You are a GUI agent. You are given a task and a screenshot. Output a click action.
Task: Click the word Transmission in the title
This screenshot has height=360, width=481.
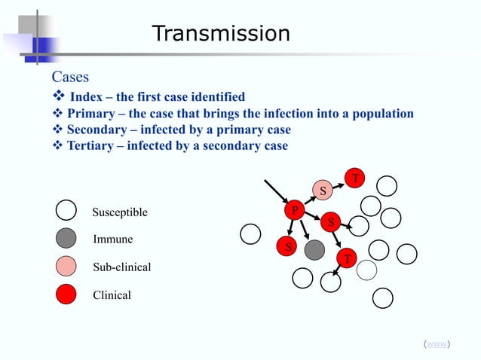tap(220, 34)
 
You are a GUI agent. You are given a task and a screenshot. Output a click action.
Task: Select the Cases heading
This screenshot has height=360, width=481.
tap(70, 77)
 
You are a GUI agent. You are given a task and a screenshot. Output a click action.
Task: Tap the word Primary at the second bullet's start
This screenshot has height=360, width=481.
tap(90, 114)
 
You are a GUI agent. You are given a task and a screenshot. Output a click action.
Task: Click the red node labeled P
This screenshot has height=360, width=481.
tap(295, 210)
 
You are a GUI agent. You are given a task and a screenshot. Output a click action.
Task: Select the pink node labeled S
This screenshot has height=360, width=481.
tap(323, 190)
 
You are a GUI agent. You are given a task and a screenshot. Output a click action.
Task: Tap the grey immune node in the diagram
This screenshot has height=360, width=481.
tap(314, 249)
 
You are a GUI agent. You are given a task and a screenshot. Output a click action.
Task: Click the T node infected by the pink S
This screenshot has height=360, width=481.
tap(355, 178)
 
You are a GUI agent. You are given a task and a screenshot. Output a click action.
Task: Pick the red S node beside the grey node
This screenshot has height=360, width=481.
tap(286, 246)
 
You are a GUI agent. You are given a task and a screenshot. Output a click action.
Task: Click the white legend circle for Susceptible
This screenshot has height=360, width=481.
tap(66, 212)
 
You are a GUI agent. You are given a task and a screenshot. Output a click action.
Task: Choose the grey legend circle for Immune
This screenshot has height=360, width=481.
tap(66, 239)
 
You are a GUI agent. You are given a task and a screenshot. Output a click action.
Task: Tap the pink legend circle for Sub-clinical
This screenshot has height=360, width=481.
tap(66, 267)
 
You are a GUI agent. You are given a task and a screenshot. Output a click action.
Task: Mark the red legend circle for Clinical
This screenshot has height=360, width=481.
tap(66, 294)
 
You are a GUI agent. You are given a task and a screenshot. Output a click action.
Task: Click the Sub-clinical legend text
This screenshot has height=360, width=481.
tap(121, 267)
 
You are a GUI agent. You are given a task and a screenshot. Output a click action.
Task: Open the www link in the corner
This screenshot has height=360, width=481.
tap(437, 344)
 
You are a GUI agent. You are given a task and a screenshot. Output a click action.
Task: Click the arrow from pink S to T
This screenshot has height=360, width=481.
tap(339, 184)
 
